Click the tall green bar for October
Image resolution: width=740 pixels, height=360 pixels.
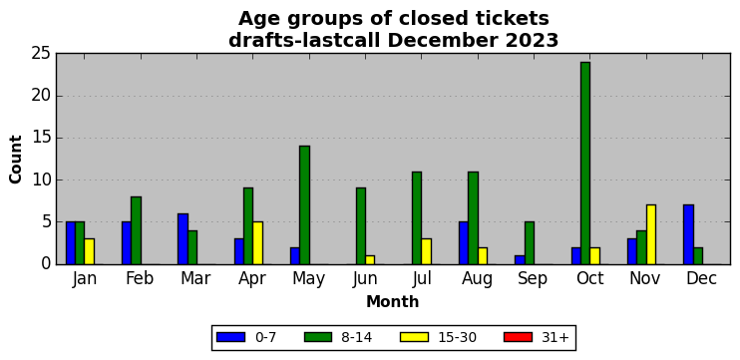click(585, 164)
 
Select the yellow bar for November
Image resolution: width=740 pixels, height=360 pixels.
click(651, 234)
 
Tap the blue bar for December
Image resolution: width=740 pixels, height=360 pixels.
click(688, 234)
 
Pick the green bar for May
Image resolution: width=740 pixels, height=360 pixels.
click(304, 205)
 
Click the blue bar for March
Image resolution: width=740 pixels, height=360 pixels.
click(183, 238)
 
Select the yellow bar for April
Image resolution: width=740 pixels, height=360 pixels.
click(257, 243)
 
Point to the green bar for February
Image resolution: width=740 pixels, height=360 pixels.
click(136, 230)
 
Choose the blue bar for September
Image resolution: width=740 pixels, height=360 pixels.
click(520, 260)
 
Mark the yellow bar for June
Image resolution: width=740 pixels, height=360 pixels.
click(370, 260)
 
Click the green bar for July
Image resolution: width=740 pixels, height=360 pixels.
click(417, 218)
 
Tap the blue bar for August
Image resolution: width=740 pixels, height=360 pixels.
click(464, 243)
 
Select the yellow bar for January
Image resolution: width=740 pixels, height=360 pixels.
click(89, 251)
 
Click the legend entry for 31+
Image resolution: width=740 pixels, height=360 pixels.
click(537, 337)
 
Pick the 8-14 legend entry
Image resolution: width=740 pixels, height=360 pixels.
click(338, 337)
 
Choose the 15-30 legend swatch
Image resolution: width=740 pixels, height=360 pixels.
click(414, 337)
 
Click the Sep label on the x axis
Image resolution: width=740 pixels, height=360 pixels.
click(533, 279)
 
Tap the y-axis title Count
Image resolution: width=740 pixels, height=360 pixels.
click(16, 160)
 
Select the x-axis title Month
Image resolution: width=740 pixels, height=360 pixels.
click(393, 301)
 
